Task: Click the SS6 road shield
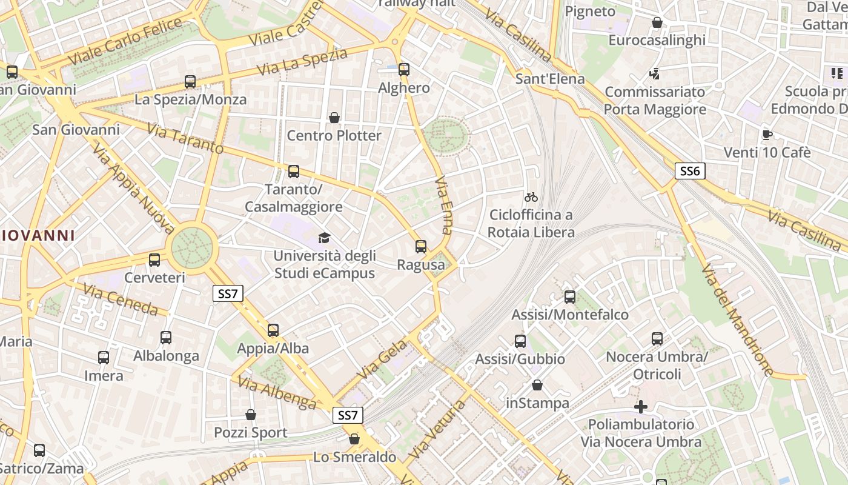click(x=690, y=171)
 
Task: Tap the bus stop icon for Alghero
click(x=404, y=70)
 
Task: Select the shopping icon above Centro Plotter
click(x=334, y=117)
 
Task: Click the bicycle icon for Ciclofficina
click(x=531, y=197)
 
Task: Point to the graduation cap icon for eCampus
click(x=325, y=238)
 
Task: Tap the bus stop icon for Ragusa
click(x=421, y=247)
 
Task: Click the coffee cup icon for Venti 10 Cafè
click(x=767, y=135)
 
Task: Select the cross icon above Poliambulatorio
click(x=641, y=406)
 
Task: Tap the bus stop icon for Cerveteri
click(x=154, y=260)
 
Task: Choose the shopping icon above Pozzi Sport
click(x=251, y=415)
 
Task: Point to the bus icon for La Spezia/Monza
click(x=190, y=82)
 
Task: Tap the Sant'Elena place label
click(x=550, y=79)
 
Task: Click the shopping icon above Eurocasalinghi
click(x=657, y=22)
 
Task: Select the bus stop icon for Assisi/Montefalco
click(x=570, y=297)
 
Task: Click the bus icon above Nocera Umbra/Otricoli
click(x=657, y=339)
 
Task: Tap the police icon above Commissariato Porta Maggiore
click(x=654, y=74)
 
